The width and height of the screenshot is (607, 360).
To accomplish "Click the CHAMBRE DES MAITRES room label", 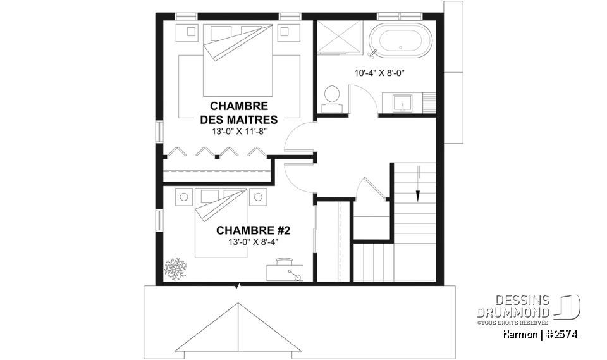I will pos(238,113).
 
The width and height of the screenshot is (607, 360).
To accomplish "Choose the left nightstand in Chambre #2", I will pos(184,197).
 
